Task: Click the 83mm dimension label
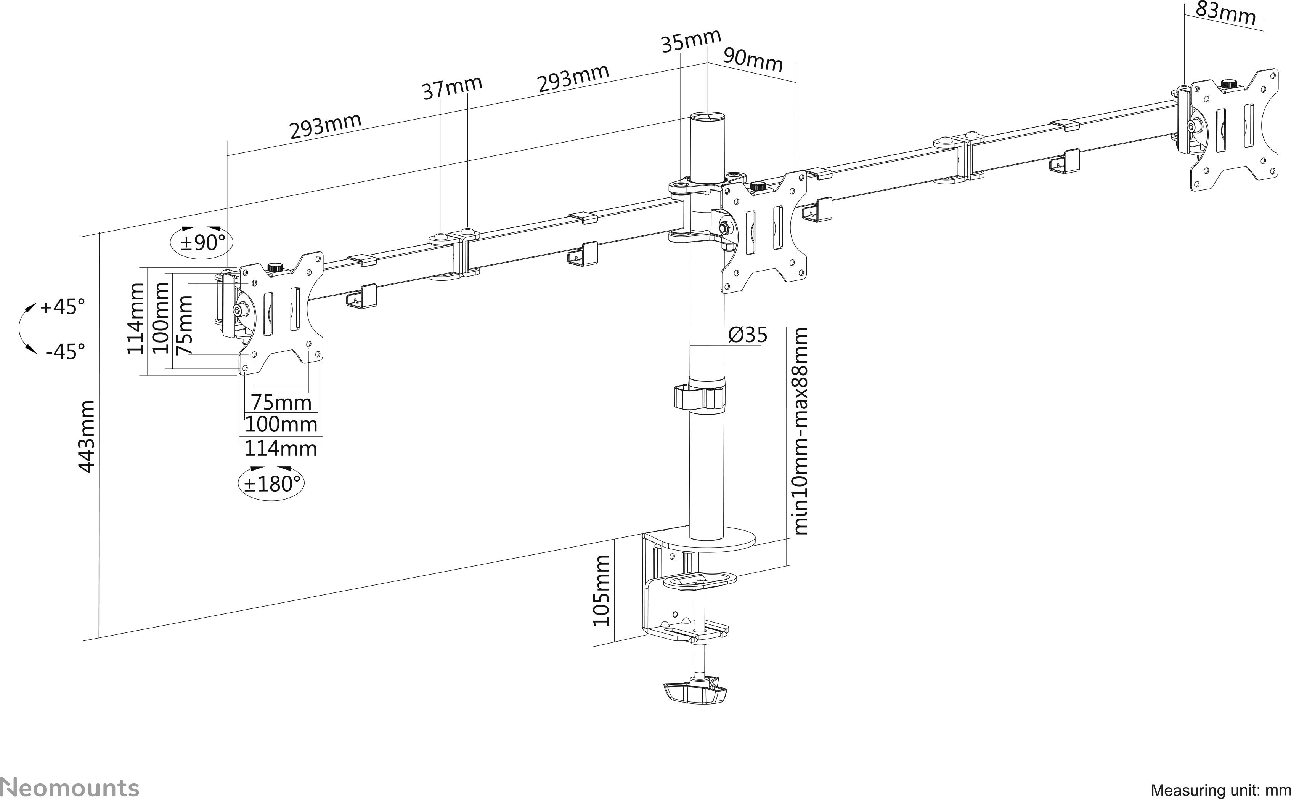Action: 1225,14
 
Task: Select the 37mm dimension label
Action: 453,87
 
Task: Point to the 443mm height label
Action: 86,437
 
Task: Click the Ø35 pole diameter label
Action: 748,335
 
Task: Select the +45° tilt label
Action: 63,306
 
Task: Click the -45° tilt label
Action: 64,351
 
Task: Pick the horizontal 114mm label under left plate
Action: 280,448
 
